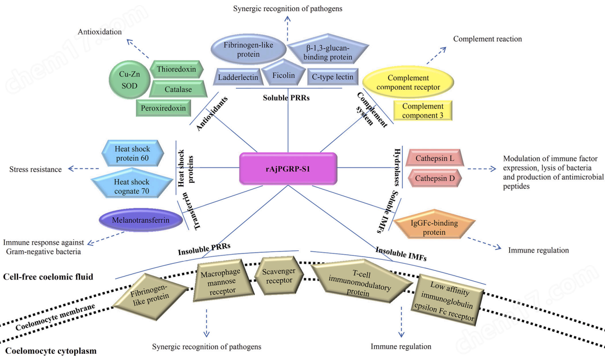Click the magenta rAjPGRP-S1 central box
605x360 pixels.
[288, 168]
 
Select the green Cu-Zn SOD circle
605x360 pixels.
[129, 80]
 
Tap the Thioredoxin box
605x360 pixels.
[176, 70]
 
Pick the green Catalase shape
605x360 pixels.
[178, 89]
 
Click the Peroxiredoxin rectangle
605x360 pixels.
[163, 108]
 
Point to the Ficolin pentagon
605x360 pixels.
[284, 74]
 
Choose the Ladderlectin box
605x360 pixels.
[238, 77]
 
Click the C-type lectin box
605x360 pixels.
[333, 77]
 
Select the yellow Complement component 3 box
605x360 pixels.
[422, 111]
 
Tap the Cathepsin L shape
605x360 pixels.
[435, 158]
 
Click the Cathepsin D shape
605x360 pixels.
[435, 178]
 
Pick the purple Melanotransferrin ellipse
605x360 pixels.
[140, 220]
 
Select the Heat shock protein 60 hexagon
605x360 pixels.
[133, 153]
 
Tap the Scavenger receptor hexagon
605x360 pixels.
[279, 276]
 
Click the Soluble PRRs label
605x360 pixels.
[286, 98]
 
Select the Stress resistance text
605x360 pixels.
[35, 169]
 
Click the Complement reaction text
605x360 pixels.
[487, 38]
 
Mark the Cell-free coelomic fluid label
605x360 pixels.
[48, 277]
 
